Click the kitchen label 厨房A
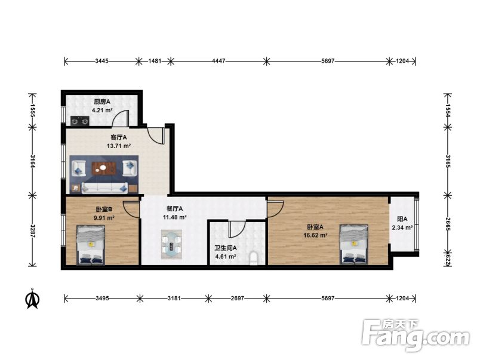102,101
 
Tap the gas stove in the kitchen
79,121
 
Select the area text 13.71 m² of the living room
119,146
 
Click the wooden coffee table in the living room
104,168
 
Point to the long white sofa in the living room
104,187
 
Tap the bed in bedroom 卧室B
91,245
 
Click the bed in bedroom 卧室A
354,244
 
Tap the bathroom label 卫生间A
225,248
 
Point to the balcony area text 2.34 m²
402,227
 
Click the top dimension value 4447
219,61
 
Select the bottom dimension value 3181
174,298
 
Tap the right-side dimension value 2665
448,224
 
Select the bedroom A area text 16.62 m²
315,235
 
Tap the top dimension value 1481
155,61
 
